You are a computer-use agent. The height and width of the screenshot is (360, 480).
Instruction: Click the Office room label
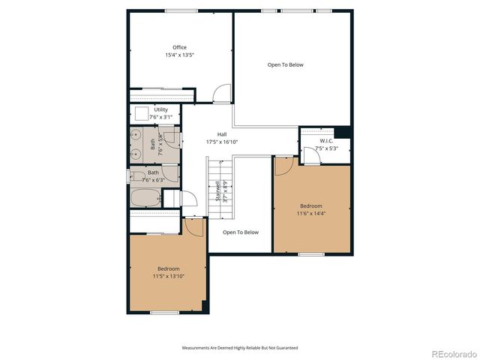tap(180, 47)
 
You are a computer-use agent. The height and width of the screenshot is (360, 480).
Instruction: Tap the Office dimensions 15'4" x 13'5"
tap(180, 55)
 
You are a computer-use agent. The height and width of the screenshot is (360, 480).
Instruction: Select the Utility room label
tap(160, 109)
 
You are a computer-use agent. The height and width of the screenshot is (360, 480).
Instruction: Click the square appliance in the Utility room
tap(140, 114)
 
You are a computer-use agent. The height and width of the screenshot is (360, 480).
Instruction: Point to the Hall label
tap(222, 134)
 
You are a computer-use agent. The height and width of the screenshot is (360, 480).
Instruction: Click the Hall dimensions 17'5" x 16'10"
tap(222, 142)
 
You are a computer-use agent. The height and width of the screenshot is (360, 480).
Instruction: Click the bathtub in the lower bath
tap(145, 199)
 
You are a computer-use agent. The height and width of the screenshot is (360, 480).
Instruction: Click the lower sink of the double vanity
tap(136, 154)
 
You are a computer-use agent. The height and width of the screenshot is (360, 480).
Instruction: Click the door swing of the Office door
tap(220, 94)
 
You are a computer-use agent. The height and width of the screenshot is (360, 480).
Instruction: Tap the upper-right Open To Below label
tap(285, 65)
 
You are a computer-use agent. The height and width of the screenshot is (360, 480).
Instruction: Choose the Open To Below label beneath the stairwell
tap(240, 232)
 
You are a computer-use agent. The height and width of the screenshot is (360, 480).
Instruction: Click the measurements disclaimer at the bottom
tap(240, 348)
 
